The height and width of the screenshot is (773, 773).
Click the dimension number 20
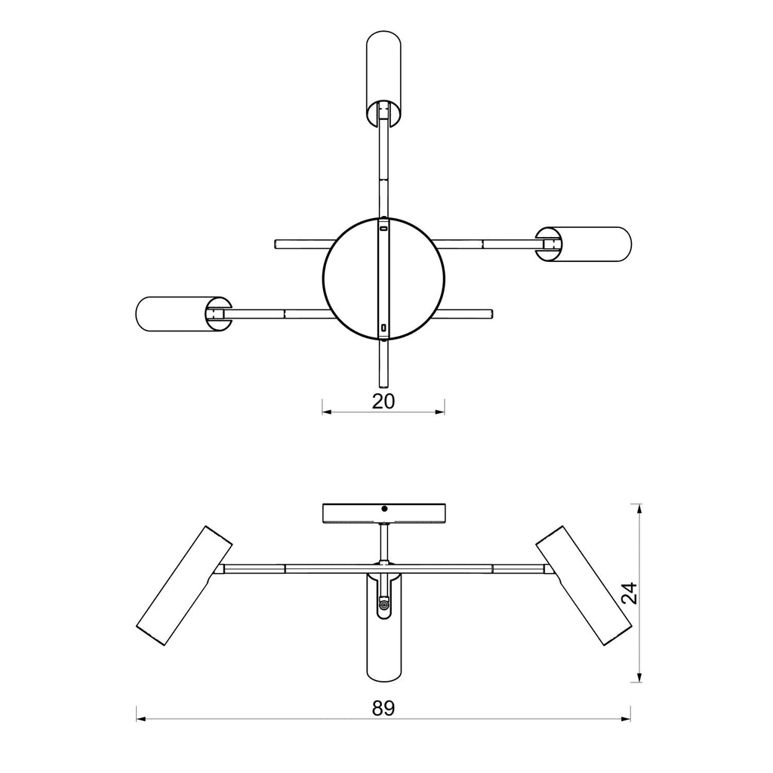click(x=383, y=402)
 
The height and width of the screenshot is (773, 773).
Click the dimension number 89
click(x=383, y=708)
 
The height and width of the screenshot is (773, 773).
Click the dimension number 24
click(x=630, y=593)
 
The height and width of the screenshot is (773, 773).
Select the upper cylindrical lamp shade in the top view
click(x=383, y=78)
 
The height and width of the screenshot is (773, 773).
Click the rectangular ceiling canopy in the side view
click(x=383, y=513)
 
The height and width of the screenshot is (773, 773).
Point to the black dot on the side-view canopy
click(x=384, y=508)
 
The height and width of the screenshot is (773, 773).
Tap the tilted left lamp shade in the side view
click(x=184, y=586)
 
